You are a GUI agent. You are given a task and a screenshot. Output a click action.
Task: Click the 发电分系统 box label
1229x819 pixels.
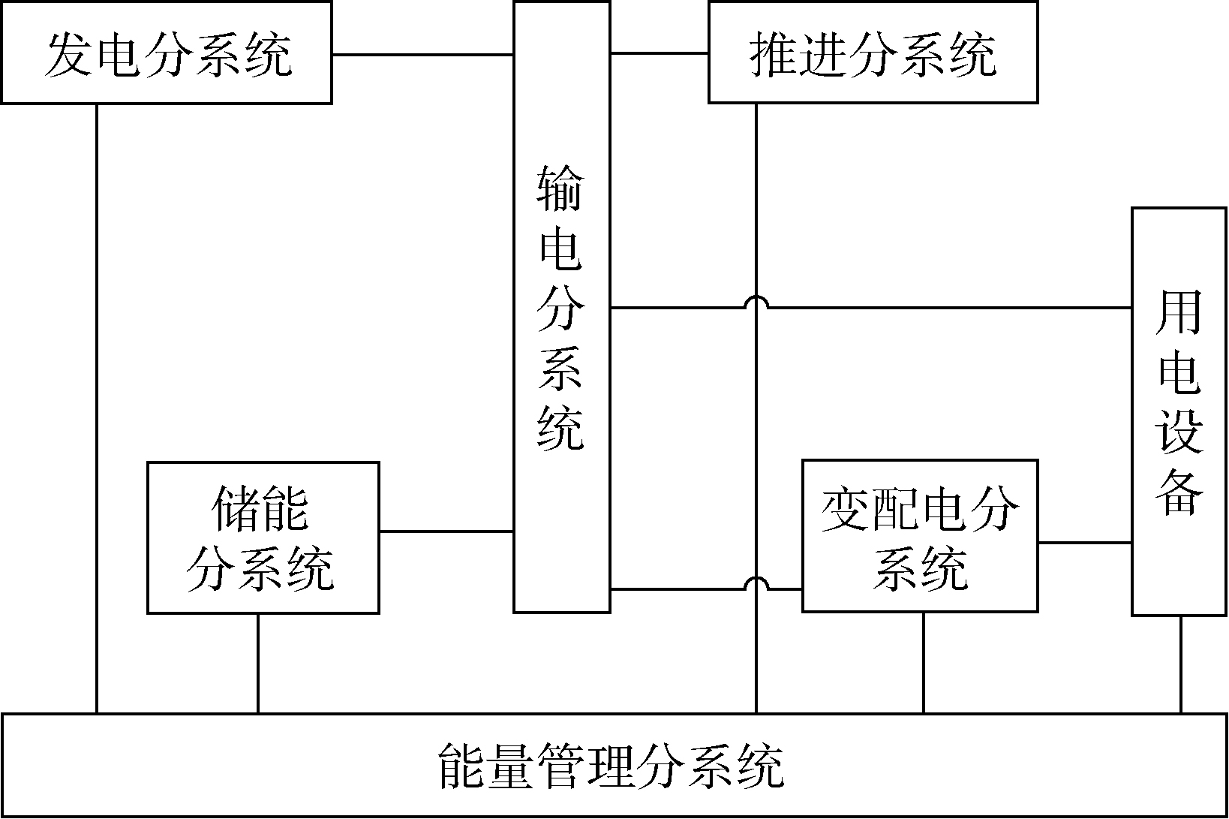click(167, 54)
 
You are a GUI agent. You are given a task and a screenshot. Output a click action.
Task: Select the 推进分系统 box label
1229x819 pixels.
click(873, 54)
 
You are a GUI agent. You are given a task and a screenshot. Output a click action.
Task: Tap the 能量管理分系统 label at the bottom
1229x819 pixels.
click(611, 766)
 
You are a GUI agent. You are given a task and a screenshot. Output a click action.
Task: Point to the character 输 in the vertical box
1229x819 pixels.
click(560, 188)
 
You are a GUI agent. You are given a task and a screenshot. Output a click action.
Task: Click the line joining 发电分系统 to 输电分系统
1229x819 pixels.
click(422, 55)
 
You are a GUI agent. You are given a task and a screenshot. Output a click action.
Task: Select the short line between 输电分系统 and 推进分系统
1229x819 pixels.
click(659, 53)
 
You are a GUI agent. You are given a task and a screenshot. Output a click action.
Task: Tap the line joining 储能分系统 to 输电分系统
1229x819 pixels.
click(446, 531)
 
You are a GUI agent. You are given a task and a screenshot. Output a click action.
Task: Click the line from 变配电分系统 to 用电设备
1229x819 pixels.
click(1085, 542)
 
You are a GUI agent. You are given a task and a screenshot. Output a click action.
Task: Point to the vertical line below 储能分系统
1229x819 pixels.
click(258, 663)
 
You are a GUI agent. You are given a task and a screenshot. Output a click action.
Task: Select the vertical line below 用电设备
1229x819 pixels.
click(1181, 664)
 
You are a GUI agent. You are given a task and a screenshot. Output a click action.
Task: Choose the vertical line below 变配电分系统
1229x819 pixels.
click(923, 662)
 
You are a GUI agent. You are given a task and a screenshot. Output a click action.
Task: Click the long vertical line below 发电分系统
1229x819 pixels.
click(97, 405)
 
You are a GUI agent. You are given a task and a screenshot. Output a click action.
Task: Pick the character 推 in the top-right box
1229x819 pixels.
click(773, 54)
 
